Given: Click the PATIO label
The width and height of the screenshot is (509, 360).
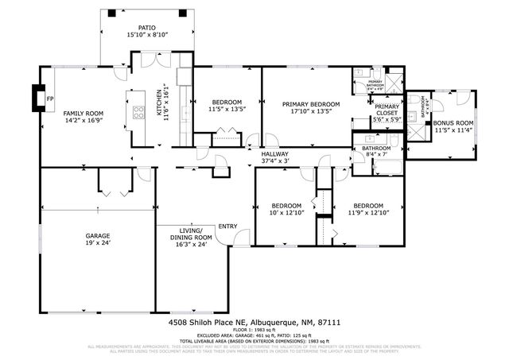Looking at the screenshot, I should pos(142,27).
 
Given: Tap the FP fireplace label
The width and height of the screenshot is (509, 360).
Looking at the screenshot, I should pos(50,99).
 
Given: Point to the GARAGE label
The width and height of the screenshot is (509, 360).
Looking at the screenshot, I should pos(97,236).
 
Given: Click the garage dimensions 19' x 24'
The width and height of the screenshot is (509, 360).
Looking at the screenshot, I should pos(97,243).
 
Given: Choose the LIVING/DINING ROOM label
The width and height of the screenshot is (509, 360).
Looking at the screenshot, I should pos(192,234).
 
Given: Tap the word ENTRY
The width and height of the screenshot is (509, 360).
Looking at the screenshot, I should pos(228,226).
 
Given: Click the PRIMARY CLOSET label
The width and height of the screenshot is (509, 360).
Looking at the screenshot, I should pos(387,110).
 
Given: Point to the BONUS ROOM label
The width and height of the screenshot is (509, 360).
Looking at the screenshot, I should pos(454,122).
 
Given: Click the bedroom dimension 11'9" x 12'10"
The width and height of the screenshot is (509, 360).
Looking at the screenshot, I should pos(368,212).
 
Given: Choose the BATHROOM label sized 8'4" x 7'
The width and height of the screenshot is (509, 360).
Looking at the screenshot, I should pos(376,148).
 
